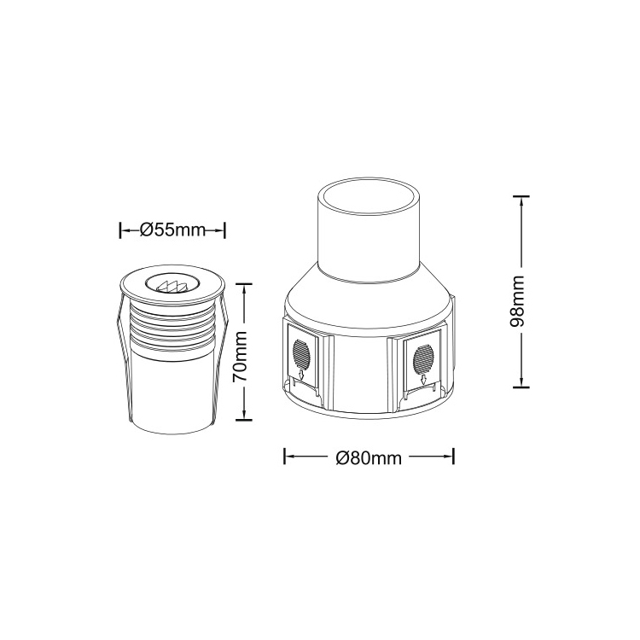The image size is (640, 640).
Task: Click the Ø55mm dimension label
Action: pos(172,230)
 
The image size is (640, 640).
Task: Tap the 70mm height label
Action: pos(240,357)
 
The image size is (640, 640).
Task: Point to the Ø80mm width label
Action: pos(369,458)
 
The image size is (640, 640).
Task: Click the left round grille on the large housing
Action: pos(300,352)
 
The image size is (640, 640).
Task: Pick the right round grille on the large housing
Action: pos(423,357)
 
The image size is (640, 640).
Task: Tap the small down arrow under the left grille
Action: pos(301,375)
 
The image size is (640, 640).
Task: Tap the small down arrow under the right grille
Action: pos(424,380)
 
